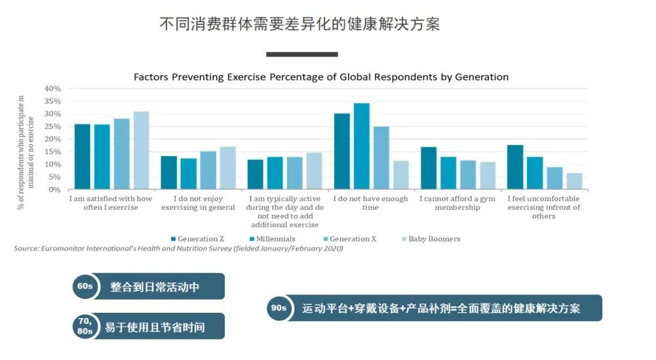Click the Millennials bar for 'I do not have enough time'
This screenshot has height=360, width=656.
(362, 146)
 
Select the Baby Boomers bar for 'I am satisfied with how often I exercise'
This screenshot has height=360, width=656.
(142, 150)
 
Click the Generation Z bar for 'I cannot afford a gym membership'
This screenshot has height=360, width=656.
(429, 168)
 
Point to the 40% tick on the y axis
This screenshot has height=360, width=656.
(52, 89)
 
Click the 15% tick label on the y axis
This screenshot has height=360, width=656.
(52, 151)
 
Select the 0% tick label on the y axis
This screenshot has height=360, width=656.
(55, 190)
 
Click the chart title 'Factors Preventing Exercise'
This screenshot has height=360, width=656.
(321, 77)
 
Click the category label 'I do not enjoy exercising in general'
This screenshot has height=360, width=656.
(198, 203)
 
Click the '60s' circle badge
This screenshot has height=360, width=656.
(85, 287)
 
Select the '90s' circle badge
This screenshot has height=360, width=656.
(279, 308)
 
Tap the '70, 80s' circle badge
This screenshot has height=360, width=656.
(85, 326)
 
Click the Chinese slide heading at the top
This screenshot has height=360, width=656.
(299, 24)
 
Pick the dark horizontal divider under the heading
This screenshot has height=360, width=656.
(301, 54)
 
